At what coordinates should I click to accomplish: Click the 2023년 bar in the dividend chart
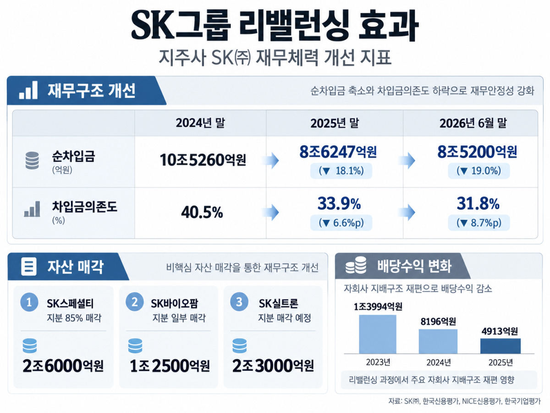click(x=378, y=334)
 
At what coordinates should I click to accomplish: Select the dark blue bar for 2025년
click(x=500, y=346)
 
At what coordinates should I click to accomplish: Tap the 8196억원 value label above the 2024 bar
click(x=438, y=322)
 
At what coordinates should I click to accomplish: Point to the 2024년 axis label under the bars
click(x=439, y=363)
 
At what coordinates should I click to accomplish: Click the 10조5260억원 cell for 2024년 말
click(x=203, y=160)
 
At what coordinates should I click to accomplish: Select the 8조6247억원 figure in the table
click(x=338, y=152)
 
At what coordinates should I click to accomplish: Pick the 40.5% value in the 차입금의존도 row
click(x=202, y=212)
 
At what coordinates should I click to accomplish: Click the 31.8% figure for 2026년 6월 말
click(x=478, y=203)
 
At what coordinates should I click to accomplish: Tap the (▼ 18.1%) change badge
click(x=341, y=171)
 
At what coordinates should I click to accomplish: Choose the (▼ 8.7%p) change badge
click(x=479, y=223)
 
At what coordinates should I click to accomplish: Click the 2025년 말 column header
click(x=335, y=123)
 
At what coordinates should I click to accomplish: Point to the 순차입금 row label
click(x=73, y=156)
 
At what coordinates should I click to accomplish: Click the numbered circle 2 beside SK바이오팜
click(x=135, y=302)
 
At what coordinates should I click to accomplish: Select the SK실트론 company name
click(x=278, y=304)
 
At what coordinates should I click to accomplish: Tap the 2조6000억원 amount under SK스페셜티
click(x=63, y=366)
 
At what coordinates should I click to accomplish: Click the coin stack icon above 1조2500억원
click(x=135, y=346)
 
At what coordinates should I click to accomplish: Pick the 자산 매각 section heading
click(x=76, y=267)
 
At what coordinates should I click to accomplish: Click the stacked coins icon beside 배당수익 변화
click(x=356, y=265)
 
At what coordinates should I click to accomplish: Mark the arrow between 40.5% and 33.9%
click(x=270, y=212)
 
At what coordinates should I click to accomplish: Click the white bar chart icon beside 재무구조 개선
click(x=28, y=90)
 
